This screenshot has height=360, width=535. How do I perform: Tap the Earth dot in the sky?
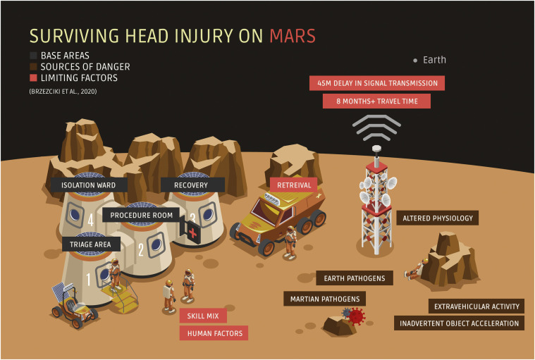416,60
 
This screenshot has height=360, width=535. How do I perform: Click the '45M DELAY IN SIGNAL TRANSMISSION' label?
377,83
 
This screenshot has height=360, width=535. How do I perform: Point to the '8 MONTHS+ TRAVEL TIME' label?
376,101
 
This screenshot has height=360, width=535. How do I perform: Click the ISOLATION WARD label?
88,185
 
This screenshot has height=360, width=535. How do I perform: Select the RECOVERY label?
193,185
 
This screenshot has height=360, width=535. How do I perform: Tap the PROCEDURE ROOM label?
143,214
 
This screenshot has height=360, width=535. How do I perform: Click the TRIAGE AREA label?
91,244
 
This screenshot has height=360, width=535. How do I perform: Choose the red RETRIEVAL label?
293,185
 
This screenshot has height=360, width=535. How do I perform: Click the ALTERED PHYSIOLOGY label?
438,218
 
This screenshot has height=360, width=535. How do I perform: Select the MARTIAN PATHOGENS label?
325,299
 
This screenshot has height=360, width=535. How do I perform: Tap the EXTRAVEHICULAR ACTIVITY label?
476,306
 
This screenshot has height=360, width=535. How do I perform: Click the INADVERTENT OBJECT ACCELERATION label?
460,324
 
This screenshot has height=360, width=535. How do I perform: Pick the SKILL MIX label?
203,316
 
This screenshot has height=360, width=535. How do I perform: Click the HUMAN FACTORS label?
214,333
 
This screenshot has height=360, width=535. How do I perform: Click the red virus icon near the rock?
356,318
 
